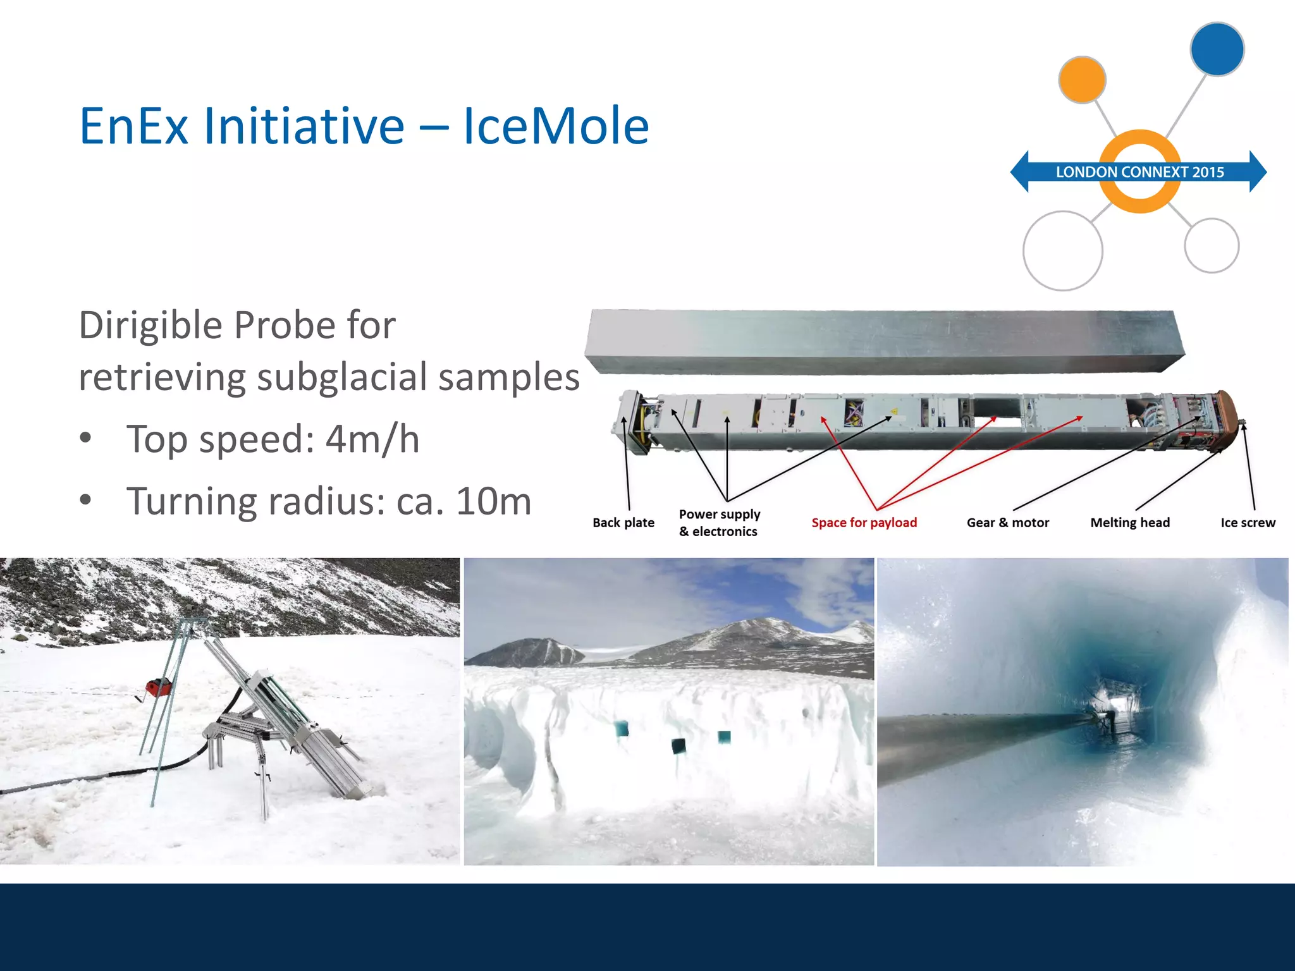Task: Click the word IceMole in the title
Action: (556, 126)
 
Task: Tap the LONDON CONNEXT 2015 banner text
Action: (1139, 172)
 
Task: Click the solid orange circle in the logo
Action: (1082, 80)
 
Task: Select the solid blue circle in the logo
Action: (1217, 49)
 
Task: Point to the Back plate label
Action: (623, 523)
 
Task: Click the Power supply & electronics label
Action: (719, 523)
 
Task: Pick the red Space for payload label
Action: (864, 523)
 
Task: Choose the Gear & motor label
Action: (1007, 523)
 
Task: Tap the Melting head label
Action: (1130, 523)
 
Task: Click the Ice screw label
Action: (1248, 523)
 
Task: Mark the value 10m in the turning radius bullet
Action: (493, 501)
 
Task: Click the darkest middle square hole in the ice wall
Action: (679, 746)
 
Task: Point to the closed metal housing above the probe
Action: (885, 341)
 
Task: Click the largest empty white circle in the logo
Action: (1062, 251)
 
